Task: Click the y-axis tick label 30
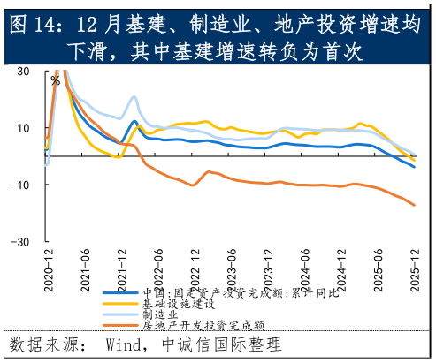(x=23, y=71)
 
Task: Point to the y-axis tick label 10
(x=23, y=127)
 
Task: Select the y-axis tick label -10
(x=21, y=185)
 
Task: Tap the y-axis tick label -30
(x=21, y=241)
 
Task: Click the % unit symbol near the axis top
(x=55, y=80)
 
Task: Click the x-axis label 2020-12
(x=49, y=266)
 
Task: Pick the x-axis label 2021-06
(x=86, y=266)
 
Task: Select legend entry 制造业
(x=160, y=314)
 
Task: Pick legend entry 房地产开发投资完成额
(x=203, y=325)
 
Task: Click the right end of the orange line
(x=415, y=205)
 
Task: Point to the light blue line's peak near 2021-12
(x=134, y=97)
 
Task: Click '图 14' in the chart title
(x=38, y=25)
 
